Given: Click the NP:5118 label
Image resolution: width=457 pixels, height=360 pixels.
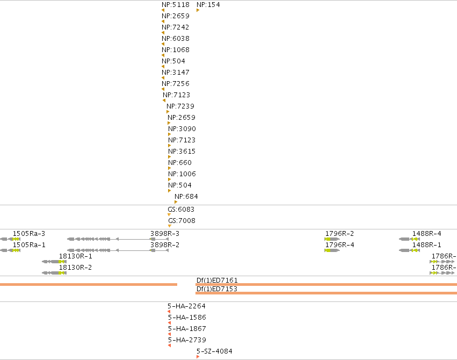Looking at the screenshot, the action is point(176,5).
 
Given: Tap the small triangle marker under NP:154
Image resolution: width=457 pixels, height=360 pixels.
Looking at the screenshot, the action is point(198,10).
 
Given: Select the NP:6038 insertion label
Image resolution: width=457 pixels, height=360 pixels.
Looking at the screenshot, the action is point(176,39).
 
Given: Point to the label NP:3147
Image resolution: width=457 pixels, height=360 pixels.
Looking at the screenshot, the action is point(176,73).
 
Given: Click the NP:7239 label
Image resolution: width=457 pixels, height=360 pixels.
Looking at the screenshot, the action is point(180,106).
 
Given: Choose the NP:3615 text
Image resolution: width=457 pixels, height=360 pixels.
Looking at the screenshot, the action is point(182,152).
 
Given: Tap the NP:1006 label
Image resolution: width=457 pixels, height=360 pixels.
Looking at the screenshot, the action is point(182,174).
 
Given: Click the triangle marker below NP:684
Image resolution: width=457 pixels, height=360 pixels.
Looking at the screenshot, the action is point(176,202).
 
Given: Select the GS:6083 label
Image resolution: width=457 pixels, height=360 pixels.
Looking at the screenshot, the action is point(181,210).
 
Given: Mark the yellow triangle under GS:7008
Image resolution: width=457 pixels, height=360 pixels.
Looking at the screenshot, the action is point(170,226).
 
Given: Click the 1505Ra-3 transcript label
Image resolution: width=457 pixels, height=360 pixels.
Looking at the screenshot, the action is point(29,234).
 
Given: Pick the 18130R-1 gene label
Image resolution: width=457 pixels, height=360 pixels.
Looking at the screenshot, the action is point(76,256).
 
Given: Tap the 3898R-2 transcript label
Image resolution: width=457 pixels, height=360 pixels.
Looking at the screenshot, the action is point(165,245).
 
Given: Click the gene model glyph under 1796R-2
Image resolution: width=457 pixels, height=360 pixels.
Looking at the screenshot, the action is point(332,239).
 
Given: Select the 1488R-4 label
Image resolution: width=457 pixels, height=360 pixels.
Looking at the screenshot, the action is point(427,234).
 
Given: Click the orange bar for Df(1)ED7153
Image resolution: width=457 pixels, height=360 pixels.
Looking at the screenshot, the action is point(326,293).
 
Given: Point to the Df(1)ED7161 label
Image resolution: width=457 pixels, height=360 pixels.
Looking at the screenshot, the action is point(217,280).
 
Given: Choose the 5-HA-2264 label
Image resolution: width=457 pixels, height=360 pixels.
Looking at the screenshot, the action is point(186,306).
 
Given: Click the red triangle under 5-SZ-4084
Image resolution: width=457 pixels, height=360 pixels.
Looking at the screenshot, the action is point(198,357).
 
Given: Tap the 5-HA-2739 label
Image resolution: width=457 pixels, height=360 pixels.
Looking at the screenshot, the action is point(187,340).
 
